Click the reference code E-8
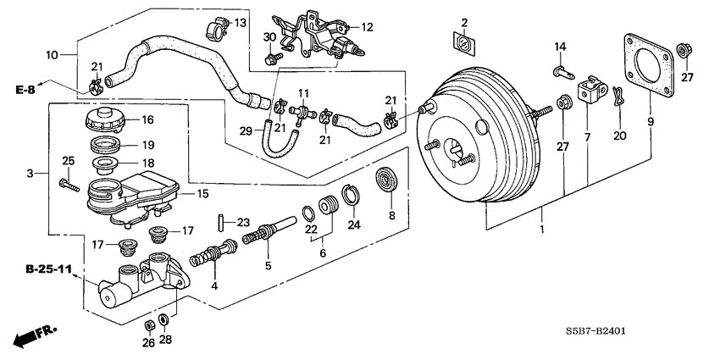(x=25, y=88)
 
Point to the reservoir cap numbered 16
(x=104, y=119)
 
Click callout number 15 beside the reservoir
(x=202, y=194)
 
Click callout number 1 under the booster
(x=542, y=229)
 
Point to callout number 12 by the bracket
(x=368, y=27)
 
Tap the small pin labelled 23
(x=219, y=223)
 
